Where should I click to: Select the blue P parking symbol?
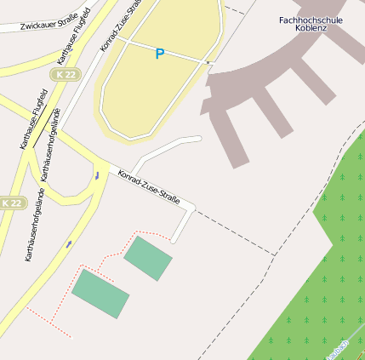point(159,54)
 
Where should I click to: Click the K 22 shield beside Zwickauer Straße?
point(64,75)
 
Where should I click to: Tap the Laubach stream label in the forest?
point(338,350)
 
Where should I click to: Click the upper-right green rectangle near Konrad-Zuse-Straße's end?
point(147,258)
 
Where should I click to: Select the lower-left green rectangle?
point(100,294)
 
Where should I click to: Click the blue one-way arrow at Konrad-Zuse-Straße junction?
point(97,175)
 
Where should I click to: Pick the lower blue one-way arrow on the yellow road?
point(68,244)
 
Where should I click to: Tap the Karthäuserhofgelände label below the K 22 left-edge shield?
point(35,226)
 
